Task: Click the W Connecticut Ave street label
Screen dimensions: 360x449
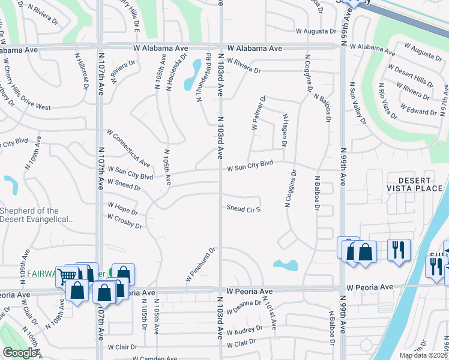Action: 128,147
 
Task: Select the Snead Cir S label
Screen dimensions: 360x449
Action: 243,209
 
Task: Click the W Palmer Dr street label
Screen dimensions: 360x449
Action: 258,112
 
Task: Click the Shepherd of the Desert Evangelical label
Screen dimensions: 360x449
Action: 37,215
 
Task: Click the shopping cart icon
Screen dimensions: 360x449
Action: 67,275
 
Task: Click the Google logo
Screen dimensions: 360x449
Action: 19,353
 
